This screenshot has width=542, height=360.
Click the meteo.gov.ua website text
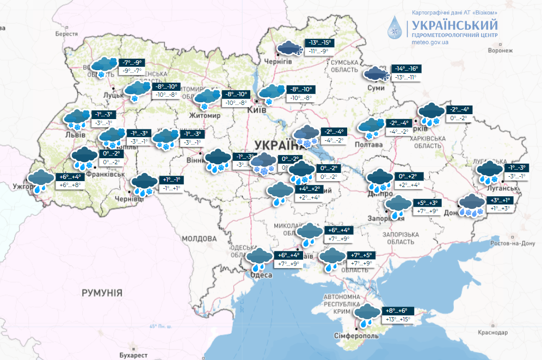(x=430, y=42)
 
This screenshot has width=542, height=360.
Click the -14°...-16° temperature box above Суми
(x=405, y=69)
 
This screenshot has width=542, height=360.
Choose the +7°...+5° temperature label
(x=362, y=255)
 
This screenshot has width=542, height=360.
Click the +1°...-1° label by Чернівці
(x=171, y=180)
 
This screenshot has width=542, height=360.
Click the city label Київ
(x=256, y=110)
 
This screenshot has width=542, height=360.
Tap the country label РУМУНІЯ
(x=102, y=293)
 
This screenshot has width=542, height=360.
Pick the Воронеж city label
(x=500, y=50)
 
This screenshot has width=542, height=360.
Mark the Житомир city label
(x=204, y=116)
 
